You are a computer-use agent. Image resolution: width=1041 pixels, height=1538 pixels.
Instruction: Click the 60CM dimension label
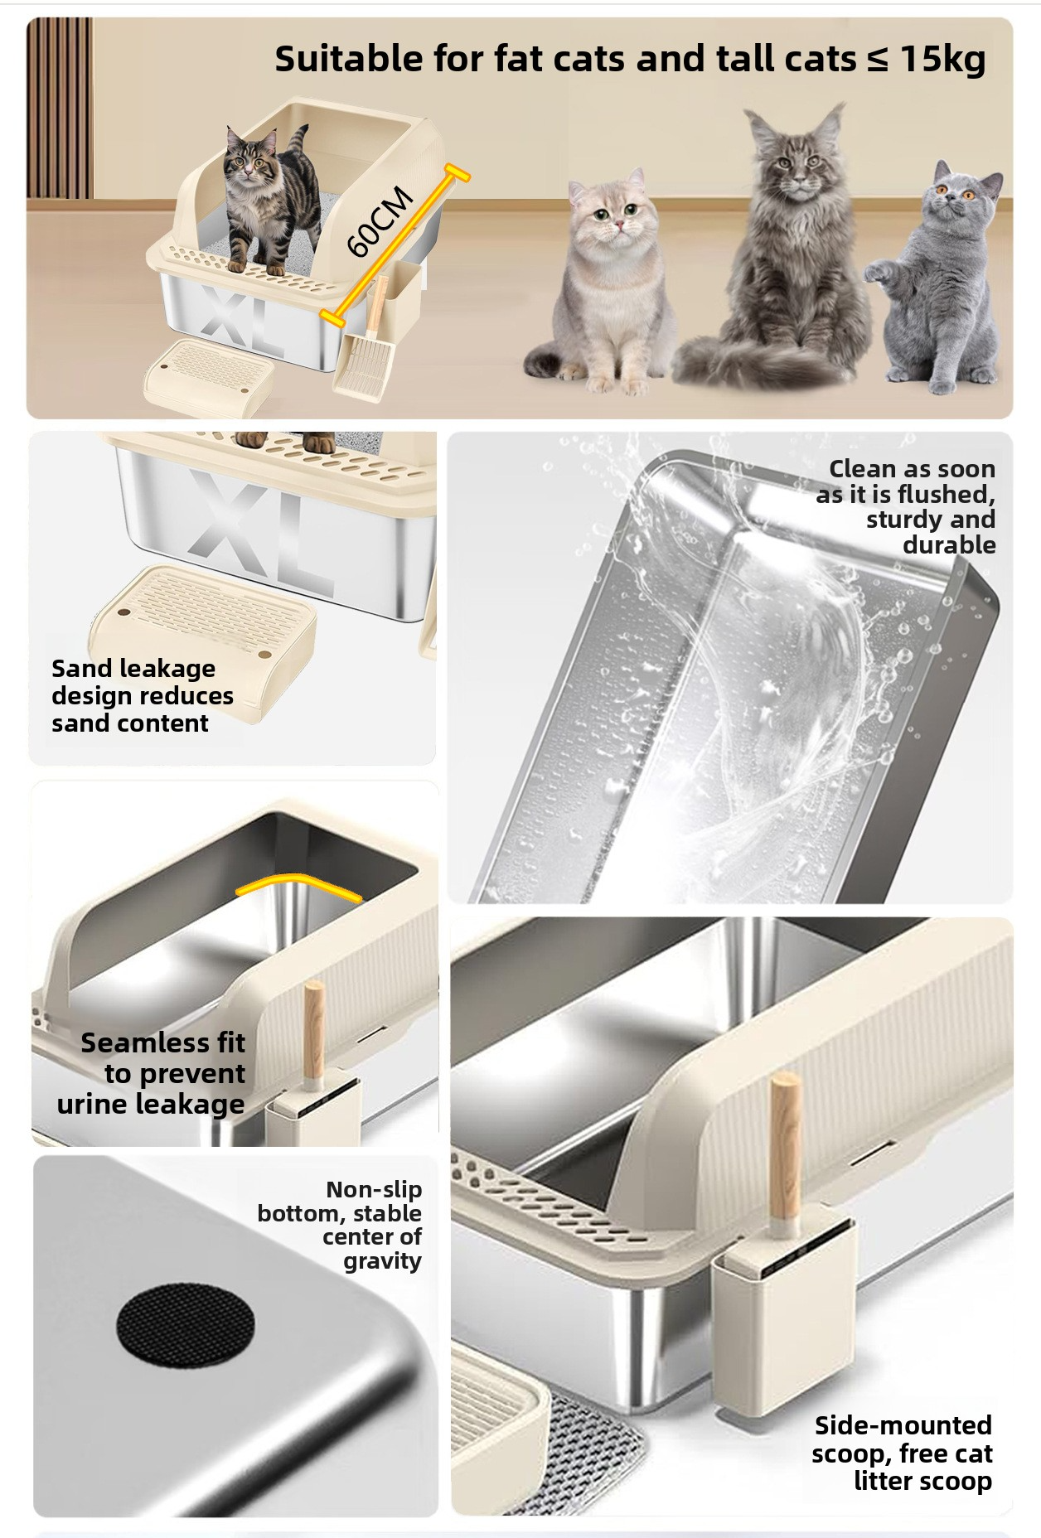(380, 221)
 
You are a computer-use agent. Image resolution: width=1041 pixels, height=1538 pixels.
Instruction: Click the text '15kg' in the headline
(943, 59)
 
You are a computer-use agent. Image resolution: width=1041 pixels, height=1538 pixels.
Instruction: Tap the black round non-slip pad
(186, 1324)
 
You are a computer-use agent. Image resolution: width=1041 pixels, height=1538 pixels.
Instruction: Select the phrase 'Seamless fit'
(162, 1042)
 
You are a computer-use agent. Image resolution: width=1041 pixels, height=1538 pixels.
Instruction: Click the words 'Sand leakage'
(133, 668)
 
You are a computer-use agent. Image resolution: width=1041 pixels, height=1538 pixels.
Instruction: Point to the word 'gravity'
(382, 1261)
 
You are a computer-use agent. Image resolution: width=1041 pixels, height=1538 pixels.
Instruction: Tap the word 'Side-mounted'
(903, 1424)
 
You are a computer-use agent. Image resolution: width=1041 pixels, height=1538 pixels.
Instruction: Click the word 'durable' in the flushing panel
(949, 544)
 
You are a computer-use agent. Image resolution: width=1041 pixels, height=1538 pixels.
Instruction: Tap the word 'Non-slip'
(374, 1189)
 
